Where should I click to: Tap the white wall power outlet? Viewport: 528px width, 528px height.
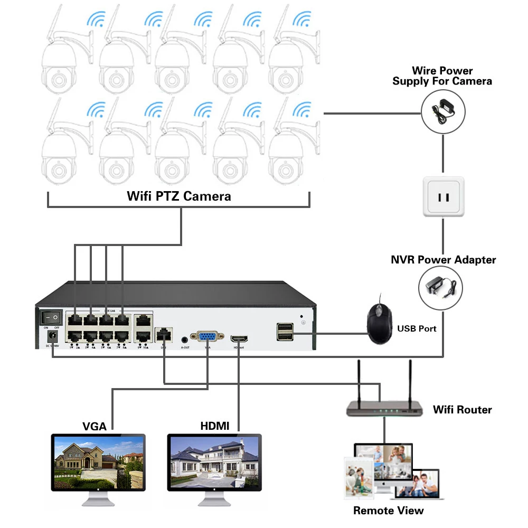(444, 197)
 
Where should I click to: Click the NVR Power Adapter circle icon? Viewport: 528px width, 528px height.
(440, 287)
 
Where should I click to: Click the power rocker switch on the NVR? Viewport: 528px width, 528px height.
(51, 317)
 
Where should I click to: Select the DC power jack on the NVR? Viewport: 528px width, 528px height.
(53, 337)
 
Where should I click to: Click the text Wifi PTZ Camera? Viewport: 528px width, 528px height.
(179, 196)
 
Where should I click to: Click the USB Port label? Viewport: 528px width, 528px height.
(417, 328)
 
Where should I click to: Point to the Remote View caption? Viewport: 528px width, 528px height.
(389, 511)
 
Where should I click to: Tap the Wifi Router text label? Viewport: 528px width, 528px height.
(463, 410)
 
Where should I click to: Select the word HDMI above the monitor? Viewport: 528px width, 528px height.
(215, 426)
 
